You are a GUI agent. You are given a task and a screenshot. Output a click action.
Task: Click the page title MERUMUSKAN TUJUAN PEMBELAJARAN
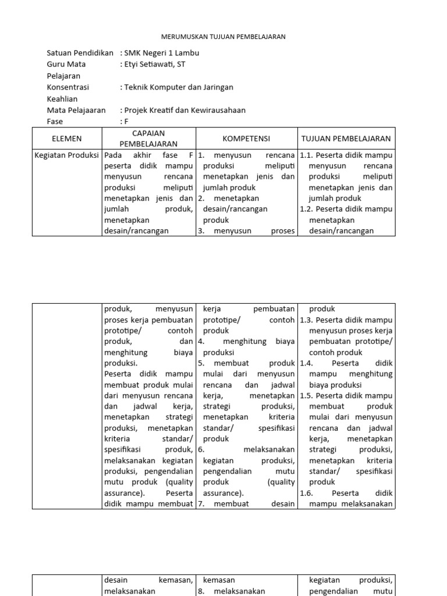[223, 37]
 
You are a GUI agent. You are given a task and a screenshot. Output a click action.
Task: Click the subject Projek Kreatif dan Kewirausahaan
[183, 110]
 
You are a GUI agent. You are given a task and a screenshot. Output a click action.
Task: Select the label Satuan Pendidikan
[80, 53]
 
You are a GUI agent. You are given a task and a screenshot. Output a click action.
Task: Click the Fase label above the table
[55, 122]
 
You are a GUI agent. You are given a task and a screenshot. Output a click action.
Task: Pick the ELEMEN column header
[67, 139]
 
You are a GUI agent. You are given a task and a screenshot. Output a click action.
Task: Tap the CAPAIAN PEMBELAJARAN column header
[148, 139]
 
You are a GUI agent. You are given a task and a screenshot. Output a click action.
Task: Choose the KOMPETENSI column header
[246, 139]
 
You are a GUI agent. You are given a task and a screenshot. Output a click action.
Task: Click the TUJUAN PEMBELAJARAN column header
[346, 139]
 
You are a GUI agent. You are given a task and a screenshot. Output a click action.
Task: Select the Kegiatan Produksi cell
[67, 155]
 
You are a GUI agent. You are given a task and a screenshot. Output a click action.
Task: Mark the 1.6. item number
[306, 493]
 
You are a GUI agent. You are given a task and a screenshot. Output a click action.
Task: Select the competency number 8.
[201, 591]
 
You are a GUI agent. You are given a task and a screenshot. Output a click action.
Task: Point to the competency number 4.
[201, 342]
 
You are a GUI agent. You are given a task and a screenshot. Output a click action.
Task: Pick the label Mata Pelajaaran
[76, 110]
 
